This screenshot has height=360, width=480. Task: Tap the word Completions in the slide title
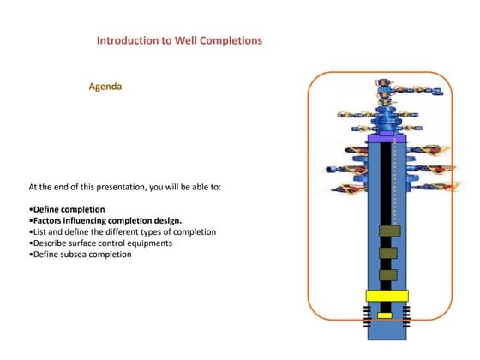231,40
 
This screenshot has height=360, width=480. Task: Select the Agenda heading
106,87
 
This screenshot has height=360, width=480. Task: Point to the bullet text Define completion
69,209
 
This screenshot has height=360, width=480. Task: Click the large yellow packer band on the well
386,296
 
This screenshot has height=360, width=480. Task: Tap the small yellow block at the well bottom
385,315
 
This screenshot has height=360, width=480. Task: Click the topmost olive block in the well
389,231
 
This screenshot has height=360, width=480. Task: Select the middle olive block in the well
388,254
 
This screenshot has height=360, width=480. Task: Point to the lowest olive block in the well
388,275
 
